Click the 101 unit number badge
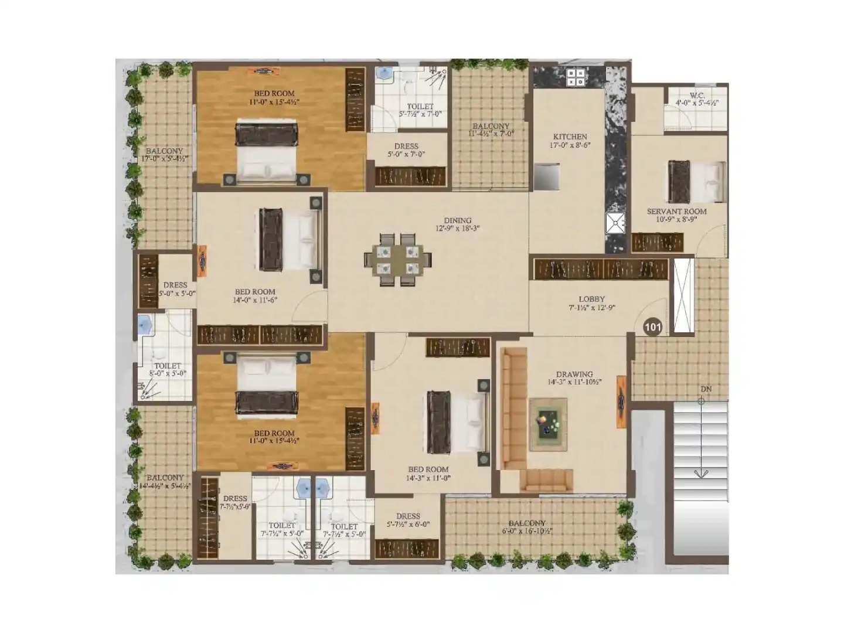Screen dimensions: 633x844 pyautogui.click(x=652, y=327)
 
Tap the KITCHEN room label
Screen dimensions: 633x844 pyautogui.click(x=570, y=137)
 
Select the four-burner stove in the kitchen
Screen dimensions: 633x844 pyautogui.click(x=576, y=77)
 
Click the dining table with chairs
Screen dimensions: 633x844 pyautogui.click(x=399, y=260)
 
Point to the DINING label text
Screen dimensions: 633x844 pyautogui.click(x=457, y=220)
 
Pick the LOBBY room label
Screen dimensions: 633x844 pyautogui.click(x=591, y=299)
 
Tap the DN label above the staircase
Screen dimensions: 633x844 pyautogui.click(x=706, y=389)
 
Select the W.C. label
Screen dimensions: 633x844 pyautogui.click(x=697, y=95)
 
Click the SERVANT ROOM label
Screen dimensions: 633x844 pyautogui.click(x=676, y=212)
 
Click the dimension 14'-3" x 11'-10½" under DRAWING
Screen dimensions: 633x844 pyautogui.click(x=574, y=382)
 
